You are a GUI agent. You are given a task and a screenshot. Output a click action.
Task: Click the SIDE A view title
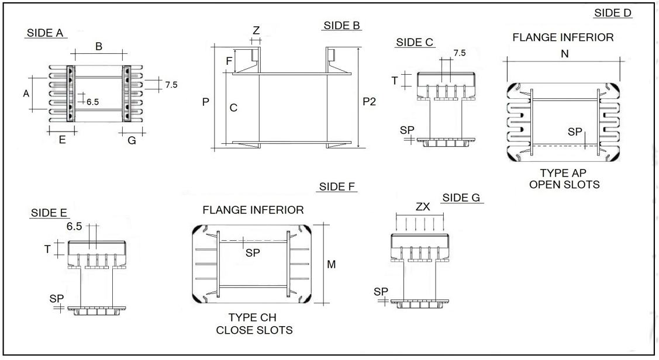[x=45, y=33]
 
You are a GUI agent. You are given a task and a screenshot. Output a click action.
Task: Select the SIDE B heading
[x=341, y=26]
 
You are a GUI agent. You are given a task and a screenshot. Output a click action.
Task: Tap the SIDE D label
[x=612, y=13]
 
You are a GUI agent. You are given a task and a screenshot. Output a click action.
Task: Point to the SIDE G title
[x=461, y=198]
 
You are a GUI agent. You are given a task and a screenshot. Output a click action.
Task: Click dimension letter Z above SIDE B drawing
[x=256, y=30]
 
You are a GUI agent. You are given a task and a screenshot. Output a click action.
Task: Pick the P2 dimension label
[x=369, y=102]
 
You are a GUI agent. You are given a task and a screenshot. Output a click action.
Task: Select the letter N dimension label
[x=564, y=54]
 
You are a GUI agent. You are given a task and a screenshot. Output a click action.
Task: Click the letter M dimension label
[x=331, y=264]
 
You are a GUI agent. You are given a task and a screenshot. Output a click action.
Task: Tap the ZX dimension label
[x=423, y=207]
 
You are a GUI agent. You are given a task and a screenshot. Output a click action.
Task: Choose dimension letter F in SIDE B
[x=229, y=61]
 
